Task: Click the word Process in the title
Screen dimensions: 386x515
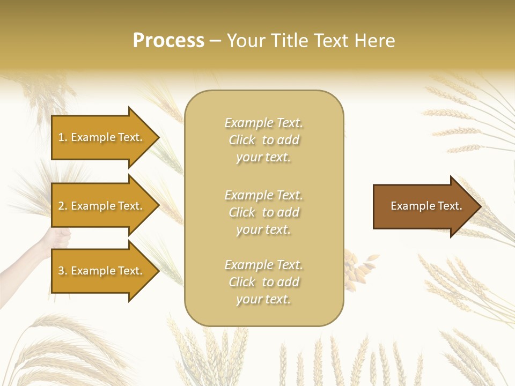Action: (x=168, y=41)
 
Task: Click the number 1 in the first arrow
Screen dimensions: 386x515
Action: (x=61, y=137)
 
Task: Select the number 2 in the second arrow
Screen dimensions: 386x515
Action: (x=61, y=206)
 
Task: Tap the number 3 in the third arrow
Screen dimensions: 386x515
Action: (x=61, y=271)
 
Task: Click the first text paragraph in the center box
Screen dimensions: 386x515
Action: (x=263, y=140)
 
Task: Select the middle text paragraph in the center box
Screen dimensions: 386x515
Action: (x=263, y=212)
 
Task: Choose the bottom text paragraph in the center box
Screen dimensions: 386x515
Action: (x=263, y=282)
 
